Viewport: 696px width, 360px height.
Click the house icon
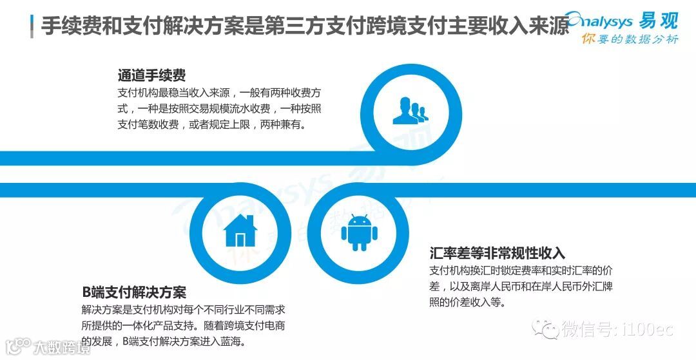[x=240, y=231]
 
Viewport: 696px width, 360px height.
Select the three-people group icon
[x=409, y=110]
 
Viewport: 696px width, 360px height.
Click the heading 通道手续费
[x=151, y=75]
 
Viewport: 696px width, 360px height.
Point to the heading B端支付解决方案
[x=134, y=291]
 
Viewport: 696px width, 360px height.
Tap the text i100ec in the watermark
[x=647, y=329]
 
